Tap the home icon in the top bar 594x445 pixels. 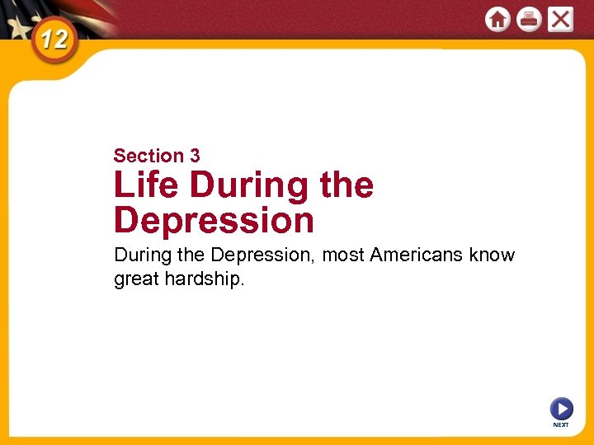(x=497, y=19)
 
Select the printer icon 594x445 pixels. (x=529, y=19)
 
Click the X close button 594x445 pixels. (x=560, y=19)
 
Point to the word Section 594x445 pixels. (x=148, y=156)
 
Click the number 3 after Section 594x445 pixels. (x=195, y=156)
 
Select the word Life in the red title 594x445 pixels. (x=146, y=185)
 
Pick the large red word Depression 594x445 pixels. (x=214, y=220)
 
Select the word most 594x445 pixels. (x=343, y=255)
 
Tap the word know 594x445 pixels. (x=493, y=255)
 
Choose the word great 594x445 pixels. (x=136, y=279)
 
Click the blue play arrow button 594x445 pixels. (x=561, y=408)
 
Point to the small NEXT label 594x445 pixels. (x=561, y=425)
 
